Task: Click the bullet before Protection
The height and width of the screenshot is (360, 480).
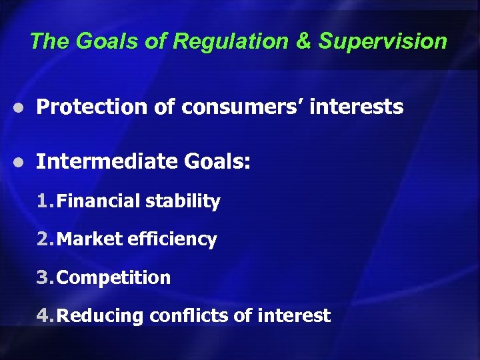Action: [22, 108]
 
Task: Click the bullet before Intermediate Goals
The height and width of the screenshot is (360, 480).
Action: [22, 162]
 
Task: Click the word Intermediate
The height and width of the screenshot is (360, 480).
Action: [105, 161]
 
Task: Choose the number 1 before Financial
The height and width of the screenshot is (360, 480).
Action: [43, 201]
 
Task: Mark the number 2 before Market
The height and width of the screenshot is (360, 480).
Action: [43, 239]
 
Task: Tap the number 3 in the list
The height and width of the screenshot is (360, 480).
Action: [43, 277]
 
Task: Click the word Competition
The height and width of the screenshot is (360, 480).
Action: [114, 278]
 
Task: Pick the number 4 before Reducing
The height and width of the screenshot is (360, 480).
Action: [43, 315]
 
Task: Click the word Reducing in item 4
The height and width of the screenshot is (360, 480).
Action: [100, 316]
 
